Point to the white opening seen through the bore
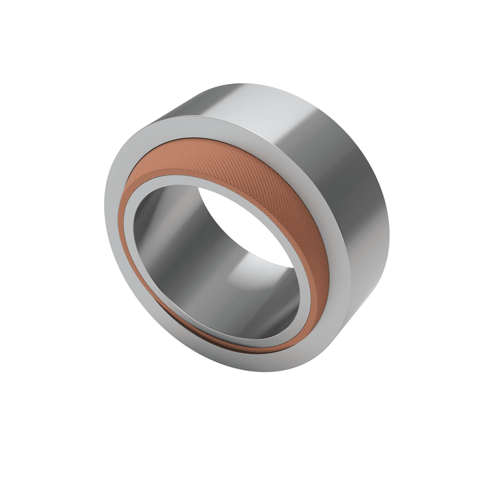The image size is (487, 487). point(247,224)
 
